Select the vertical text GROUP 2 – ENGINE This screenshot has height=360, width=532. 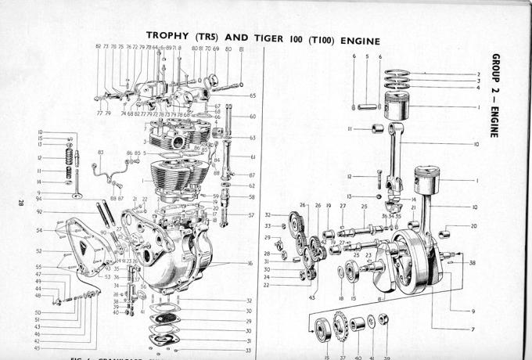[x=496, y=95]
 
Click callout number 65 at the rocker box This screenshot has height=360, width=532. [x=253, y=95]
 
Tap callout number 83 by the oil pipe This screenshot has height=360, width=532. [x=100, y=153]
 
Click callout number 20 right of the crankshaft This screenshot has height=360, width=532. [x=474, y=226]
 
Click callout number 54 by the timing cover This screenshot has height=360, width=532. [x=39, y=231]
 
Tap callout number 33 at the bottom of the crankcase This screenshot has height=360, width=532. [x=249, y=351]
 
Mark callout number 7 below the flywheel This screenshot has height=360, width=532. [x=472, y=329]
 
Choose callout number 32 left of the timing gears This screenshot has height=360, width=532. [x=268, y=214]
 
